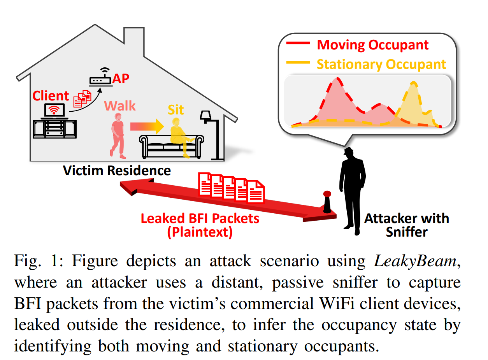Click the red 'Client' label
51,96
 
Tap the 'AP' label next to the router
121,79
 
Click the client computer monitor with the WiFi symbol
54,110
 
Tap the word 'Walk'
120,106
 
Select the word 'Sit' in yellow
176,110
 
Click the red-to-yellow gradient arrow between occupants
147,126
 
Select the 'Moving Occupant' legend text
373,45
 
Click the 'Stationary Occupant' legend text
381,65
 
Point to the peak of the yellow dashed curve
413,83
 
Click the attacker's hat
348,151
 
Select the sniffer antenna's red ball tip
327,194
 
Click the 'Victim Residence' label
117,170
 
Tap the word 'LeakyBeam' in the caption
415,261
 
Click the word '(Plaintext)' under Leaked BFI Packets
200,232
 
